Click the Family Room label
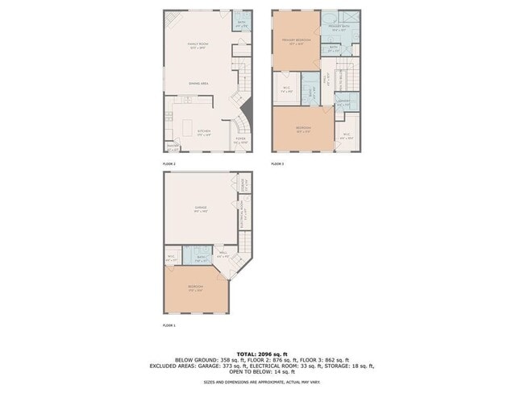[x=198, y=46]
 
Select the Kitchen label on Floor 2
[x=205, y=133]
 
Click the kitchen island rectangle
[x=192, y=129]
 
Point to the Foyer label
[x=240, y=139]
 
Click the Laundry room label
[x=343, y=102]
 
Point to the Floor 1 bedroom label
[x=195, y=288]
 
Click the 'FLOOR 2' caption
[x=168, y=164]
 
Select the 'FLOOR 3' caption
[x=277, y=164]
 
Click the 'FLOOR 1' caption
[x=168, y=325]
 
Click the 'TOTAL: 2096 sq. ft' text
[x=261, y=353]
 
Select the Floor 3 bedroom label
[x=302, y=129]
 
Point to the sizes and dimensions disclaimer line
[x=261, y=382]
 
